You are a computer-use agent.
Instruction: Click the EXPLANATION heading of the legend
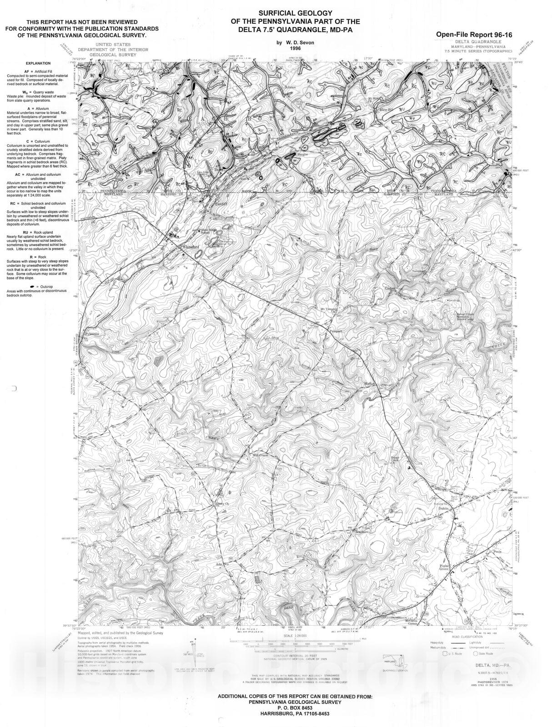pos(38,64)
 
